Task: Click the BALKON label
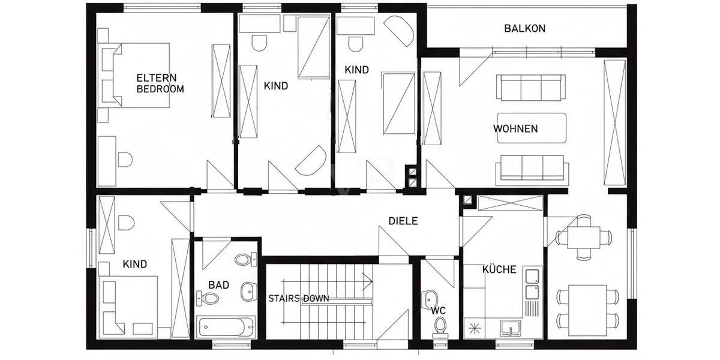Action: pos(524,28)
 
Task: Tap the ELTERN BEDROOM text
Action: pos(160,83)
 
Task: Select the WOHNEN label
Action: pos(515,128)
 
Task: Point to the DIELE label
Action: pos(403,221)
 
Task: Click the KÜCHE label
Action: pos(499,269)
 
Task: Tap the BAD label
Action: pos(218,285)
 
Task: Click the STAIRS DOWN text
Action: pos(299,298)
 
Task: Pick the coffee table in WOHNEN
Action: pos(532,128)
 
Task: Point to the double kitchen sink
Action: pos(532,284)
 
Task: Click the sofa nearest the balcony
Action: pos(530,88)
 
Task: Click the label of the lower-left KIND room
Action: pos(134,264)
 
